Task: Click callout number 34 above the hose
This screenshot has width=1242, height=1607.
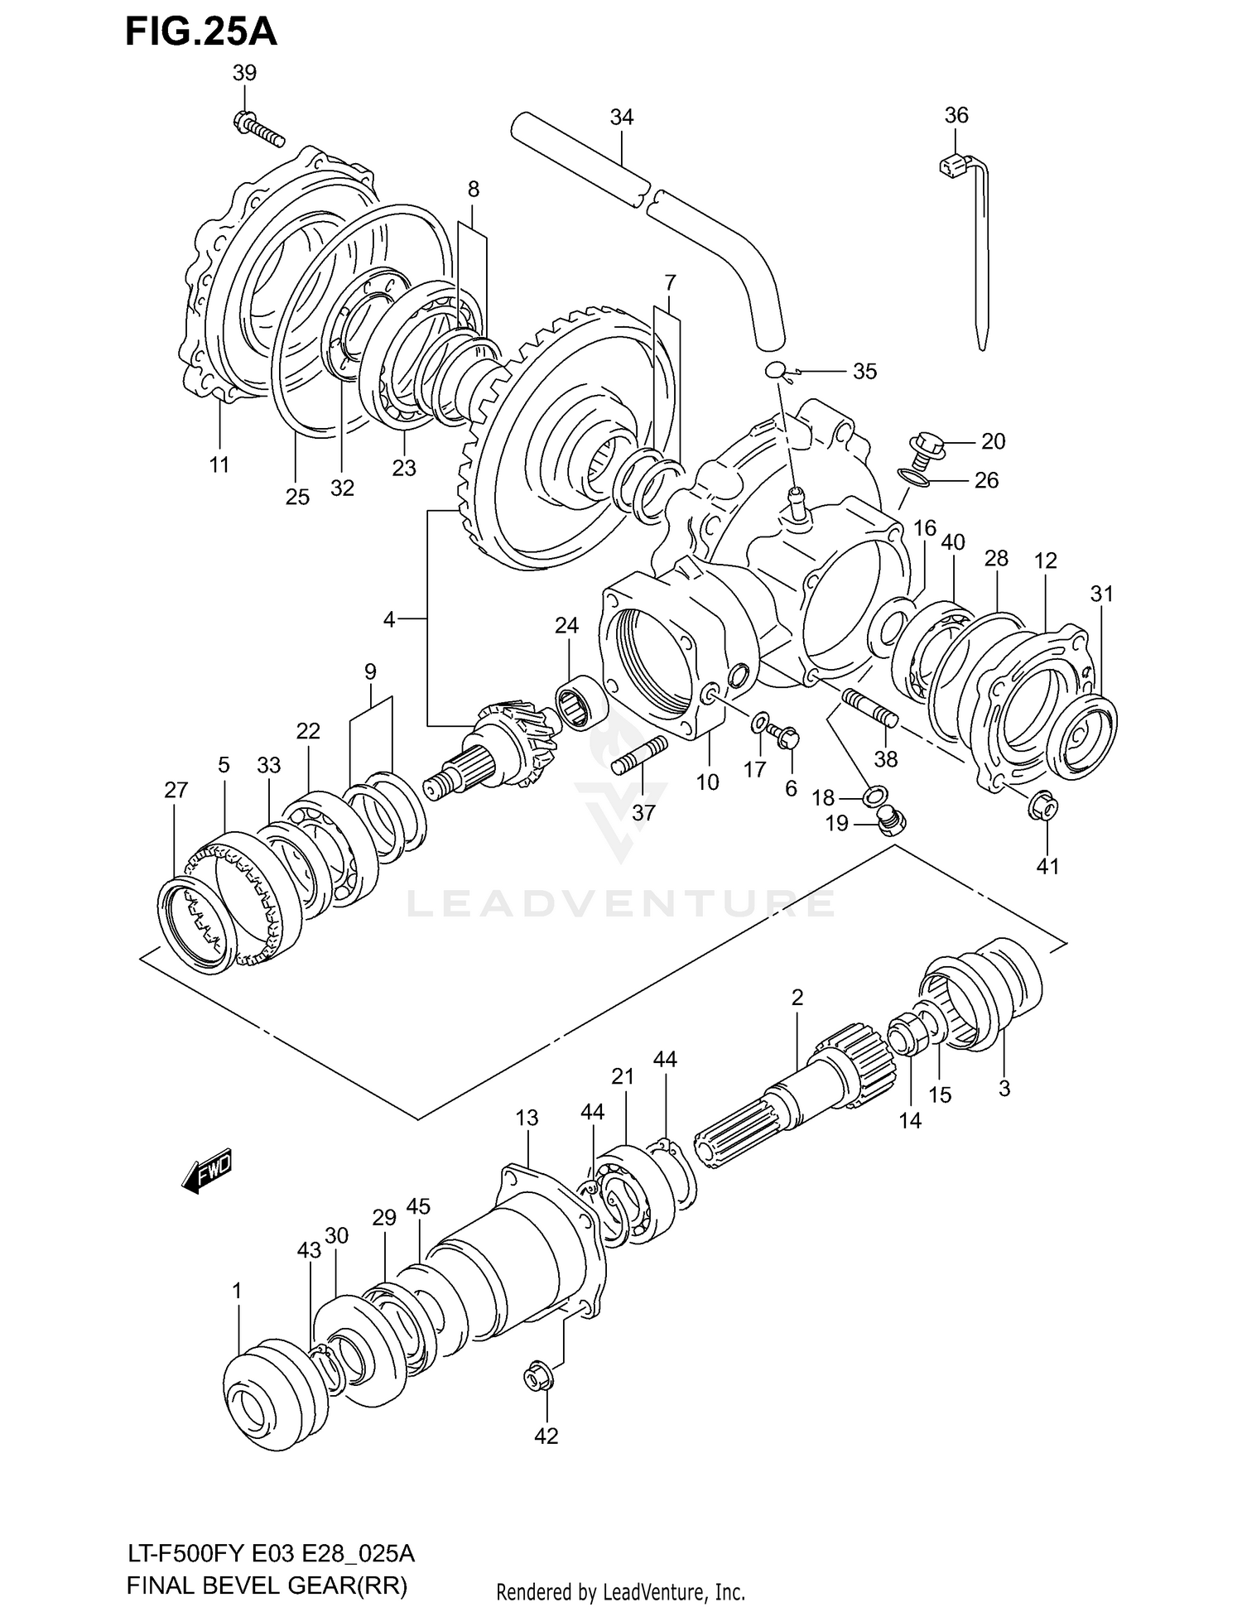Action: (x=621, y=118)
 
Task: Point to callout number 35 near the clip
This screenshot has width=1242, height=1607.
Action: (x=864, y=372)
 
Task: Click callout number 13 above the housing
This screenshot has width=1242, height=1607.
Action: (x=527, y=1118)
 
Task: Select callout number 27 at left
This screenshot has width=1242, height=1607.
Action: (x=176, y=791)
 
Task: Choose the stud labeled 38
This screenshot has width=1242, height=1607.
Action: (x=869, y=708)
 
